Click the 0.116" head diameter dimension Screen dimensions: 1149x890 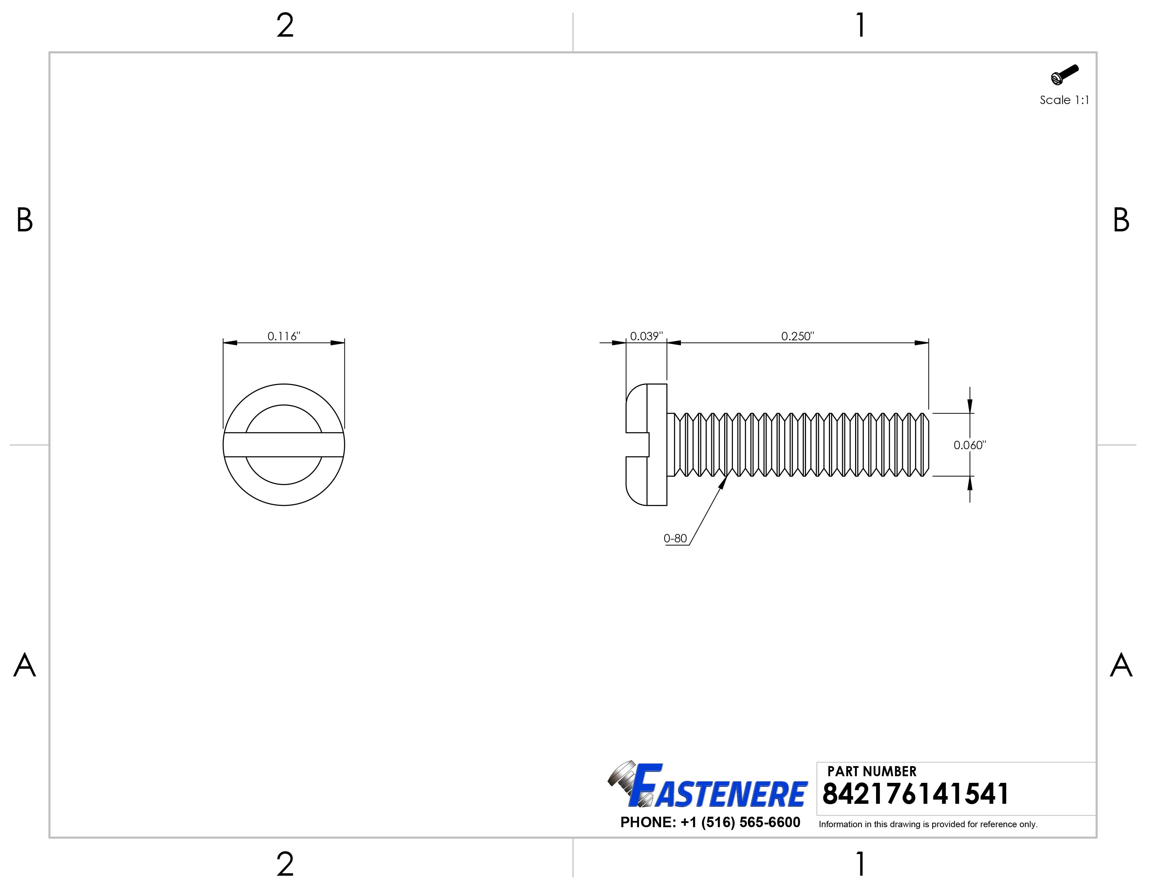(283, 336)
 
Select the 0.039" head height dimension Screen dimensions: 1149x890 (647, 336)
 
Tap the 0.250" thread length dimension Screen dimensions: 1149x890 (798, 336)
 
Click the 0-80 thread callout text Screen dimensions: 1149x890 (675, 538)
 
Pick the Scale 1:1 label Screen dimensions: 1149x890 (1064, 100)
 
